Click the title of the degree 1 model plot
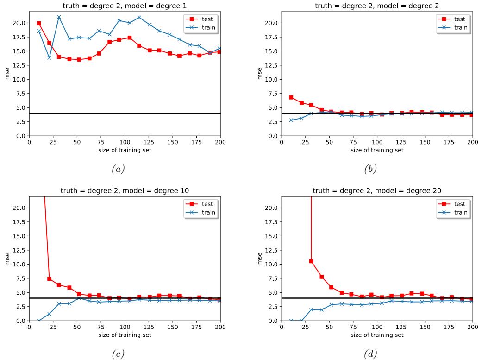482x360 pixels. point(125,6)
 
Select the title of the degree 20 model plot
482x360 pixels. point(377,190)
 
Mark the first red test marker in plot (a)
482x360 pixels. point(38,23)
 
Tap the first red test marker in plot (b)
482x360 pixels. point(291,97)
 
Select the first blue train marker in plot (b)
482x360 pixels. point(291,120)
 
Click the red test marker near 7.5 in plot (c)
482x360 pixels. point(49,278)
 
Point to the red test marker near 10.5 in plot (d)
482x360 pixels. point(311,261)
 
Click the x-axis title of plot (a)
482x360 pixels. point(125,150)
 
